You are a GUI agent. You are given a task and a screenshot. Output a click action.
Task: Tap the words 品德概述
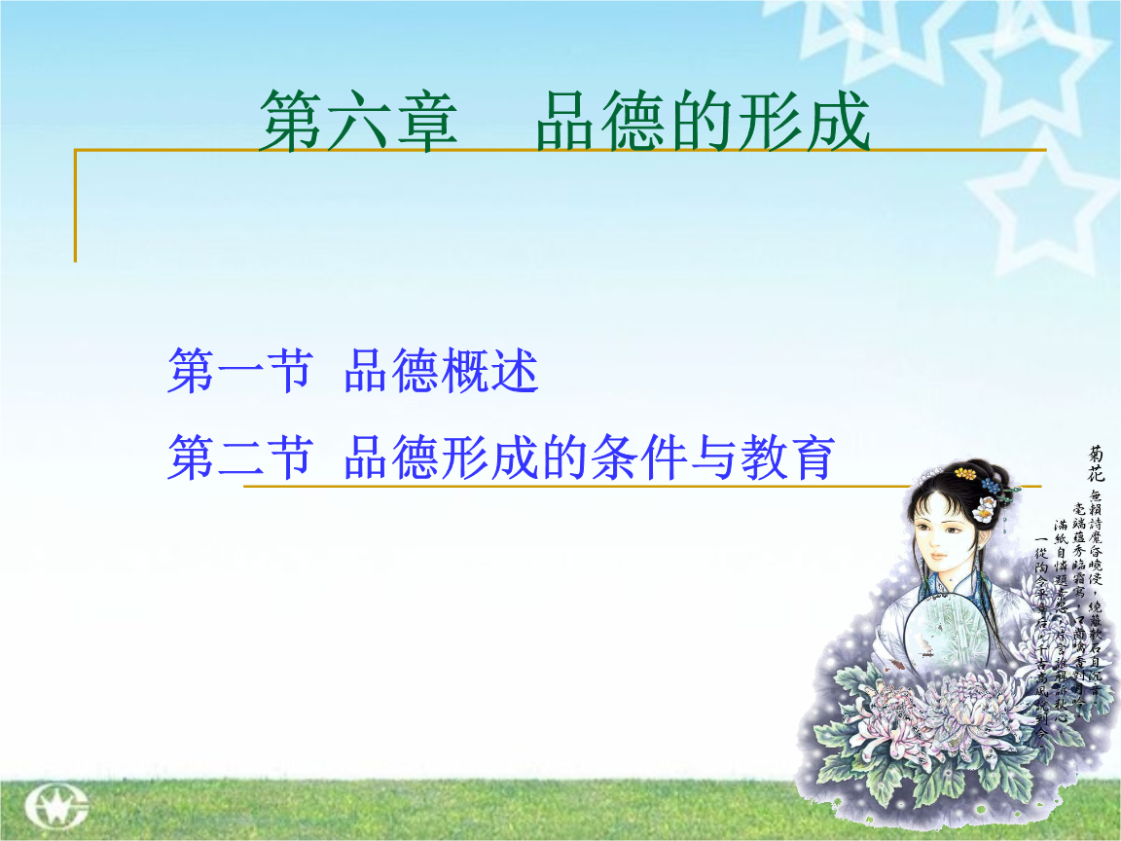(x=441, y=372)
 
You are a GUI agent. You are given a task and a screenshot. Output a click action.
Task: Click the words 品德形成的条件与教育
(x=589, y=457)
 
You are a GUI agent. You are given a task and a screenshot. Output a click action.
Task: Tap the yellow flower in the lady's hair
(x=966, y=473)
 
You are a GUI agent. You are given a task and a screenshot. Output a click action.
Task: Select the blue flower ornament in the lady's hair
(x=990, y=484)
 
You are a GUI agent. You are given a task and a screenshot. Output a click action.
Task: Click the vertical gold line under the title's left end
(x=75, y=205)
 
